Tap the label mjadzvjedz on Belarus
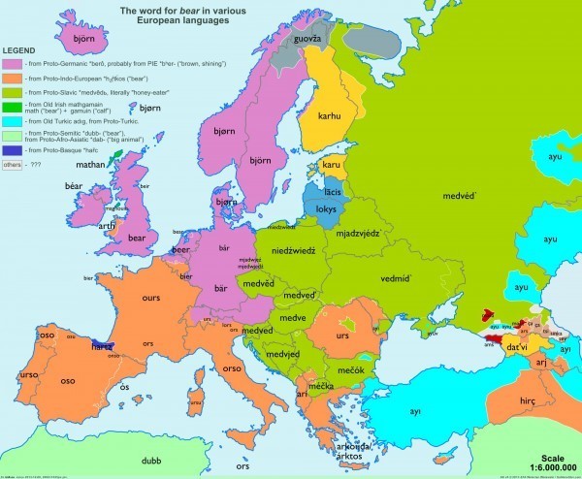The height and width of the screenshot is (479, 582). [x=356, y=233]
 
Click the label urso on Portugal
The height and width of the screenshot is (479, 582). [x=27, y=373]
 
